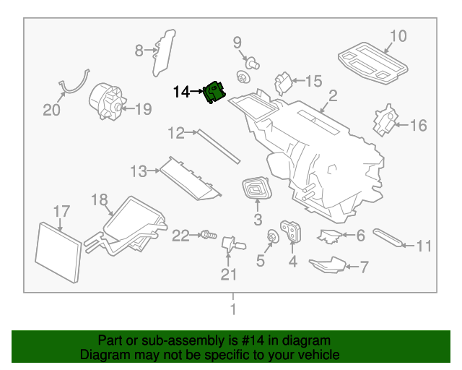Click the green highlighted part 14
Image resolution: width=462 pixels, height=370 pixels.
coord(214,93)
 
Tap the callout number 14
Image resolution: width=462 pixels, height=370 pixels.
coord(180,92)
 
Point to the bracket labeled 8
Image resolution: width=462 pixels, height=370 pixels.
coord(164,51)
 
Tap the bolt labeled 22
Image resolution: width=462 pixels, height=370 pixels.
coord(208,234)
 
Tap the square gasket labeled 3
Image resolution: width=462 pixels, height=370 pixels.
coord(256,189)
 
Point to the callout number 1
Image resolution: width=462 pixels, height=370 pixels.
coord(232,310)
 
